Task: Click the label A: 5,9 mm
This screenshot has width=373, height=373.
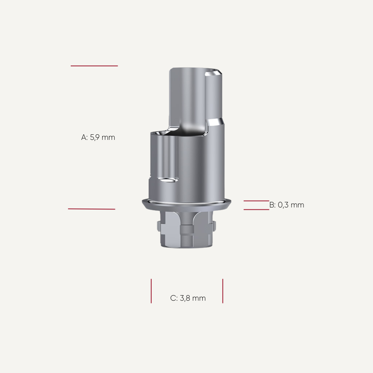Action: pyautogui.click(x=98, y=138)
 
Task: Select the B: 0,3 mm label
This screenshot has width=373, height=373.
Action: pyautogui.click(x=287, y=205)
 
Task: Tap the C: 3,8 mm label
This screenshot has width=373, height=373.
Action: pyautogui.click(x=188, y=298)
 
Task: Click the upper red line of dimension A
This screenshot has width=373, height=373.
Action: pyautogui.click(x=94, y=66)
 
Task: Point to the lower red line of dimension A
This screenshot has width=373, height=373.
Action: pyautogui.click(x=92, y=209)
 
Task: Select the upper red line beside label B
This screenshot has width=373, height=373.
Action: pyautogui.click(x=256, y=201)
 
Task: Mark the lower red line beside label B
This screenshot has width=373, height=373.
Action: pyautogui.click(x=256, y=209)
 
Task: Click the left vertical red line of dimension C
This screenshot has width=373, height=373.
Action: pyautogui.click(x=151, y=291)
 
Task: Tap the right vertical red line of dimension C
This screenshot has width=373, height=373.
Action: pyautogui.click(x=223, y=291)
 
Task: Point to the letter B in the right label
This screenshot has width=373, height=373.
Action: pyautogui.click(x=272, y=205)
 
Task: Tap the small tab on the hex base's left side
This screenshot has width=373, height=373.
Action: pyautogui.click(x=159, y=227)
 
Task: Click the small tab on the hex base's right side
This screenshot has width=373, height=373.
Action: pyautogui.click(x=215, y=227)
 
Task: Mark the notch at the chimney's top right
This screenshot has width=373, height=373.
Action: pyautogui.click(x=213, y=73)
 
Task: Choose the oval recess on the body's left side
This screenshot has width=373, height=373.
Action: pyautogui.click(x=168, y=181)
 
